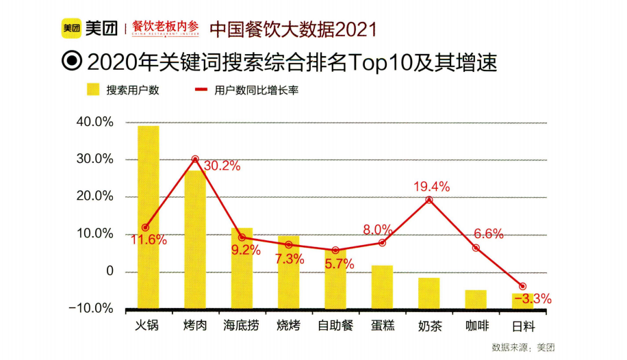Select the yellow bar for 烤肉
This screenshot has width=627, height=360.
(x=195, y=239)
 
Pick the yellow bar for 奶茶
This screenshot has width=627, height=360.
(x=428, y=292)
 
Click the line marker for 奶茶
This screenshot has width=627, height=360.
(x=429, y=200)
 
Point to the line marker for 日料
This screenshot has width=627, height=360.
(x=523, y=286)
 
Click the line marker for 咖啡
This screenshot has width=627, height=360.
(x=476, y=248)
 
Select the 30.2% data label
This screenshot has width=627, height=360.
(x=222, y=166)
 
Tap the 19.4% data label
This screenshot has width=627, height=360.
(x=431, y=186)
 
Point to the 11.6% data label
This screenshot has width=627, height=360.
(x=149, y=240)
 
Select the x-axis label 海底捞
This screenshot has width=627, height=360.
(x=242, y=325)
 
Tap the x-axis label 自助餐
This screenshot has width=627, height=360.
(x=335, y=325)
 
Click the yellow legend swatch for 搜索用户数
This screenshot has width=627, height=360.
(x=94, y=90)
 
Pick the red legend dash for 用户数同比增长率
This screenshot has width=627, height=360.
(x=201, y=90)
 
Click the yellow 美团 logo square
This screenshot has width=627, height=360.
(x=71, y=28)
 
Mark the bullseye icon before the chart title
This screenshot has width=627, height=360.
(x=71, y=62)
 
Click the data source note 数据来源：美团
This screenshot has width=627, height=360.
(x=523, y=347)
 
